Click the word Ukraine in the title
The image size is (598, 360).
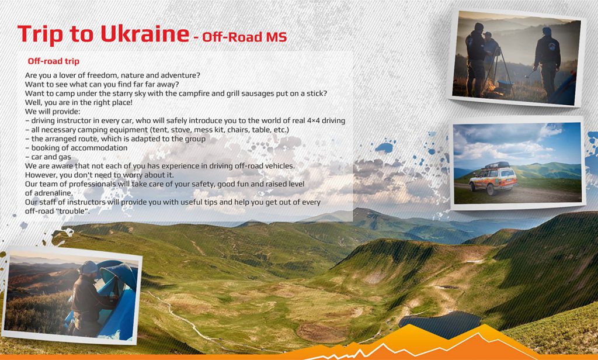[145, 34]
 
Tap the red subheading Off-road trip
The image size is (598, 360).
[53, 61]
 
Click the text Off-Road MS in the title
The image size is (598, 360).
[245, 37]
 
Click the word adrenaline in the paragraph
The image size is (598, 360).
[48, 193]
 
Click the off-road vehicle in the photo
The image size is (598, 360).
[493, 179]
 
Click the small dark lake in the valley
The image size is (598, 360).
[440, 324]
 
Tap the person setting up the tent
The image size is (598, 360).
[92, 299]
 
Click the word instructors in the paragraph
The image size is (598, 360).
[82, 202]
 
